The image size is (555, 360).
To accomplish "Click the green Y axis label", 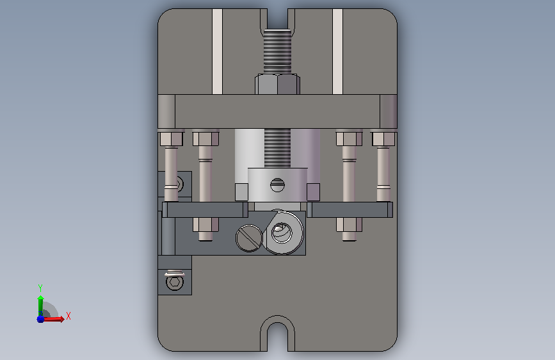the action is pyautogui.click(x=40, y=288).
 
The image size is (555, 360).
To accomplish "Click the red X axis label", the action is pyautogui.click(x=68, y=316).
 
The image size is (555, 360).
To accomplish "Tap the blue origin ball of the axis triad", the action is pyautogui.click(x=40, y=319).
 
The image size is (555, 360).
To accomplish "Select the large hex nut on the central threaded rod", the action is pyautogui.click(x=278, y=84).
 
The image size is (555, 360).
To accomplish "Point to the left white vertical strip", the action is pyautogui.click(x=218, y=51).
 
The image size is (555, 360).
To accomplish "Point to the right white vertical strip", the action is pyautogui.click(x=337, y=51).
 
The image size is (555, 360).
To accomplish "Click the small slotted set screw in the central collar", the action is pyautogui.click(x=277, y=185).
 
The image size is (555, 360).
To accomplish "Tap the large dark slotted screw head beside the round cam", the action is pyautogui.click(x=249, y=238).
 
